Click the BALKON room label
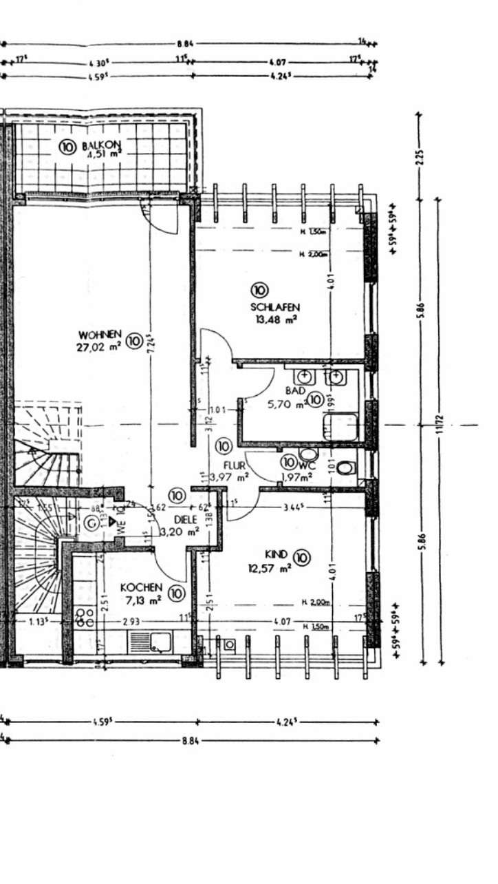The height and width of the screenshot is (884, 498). click(101, 145)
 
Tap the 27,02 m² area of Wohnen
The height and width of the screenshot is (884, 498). click(98, 348)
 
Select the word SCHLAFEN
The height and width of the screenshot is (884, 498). click(275, 307)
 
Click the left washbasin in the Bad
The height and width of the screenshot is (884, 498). click(304, 377)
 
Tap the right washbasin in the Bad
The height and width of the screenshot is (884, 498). click(336, 377)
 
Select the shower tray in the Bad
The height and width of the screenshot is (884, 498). click(340, 425)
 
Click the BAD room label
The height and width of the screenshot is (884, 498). click(295, 390)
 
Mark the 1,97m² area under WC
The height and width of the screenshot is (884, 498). click(297, 475)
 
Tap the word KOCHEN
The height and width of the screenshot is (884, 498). click(142, 587)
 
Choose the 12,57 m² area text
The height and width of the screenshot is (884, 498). click(270, 568)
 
